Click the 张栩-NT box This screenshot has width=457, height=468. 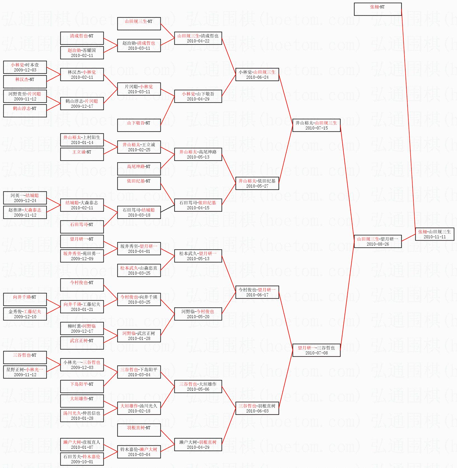pos(378,9)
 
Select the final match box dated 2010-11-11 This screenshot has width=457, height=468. pos(434,234)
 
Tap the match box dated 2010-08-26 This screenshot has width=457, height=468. pos(378,241)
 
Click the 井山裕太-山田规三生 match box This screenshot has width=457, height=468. pos(316,125)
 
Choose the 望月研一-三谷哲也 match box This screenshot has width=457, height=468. pos(316,350)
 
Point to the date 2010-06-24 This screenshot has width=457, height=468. pos(257,77)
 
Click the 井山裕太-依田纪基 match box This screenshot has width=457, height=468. pos(257,183)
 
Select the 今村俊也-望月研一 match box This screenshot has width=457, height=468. pos(257,292)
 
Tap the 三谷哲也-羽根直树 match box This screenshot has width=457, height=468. pos(257,408)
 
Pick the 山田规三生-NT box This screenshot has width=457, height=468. pos(139,24)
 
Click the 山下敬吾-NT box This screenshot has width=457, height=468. pos(139,125)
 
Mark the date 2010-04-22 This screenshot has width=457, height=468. pos(198,41)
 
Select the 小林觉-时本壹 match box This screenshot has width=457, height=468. pos(25,67)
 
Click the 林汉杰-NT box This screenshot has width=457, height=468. pos(25,82)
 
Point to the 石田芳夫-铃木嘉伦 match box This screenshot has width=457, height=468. pos(82,459)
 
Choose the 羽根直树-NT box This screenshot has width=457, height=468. pos(139,430)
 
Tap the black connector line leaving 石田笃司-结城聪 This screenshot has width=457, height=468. pos(167,209)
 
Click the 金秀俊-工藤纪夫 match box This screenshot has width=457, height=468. pos(25,314)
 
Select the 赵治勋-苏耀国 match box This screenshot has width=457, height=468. pos(82,53)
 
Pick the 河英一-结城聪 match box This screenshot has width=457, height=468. pos(25,198)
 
